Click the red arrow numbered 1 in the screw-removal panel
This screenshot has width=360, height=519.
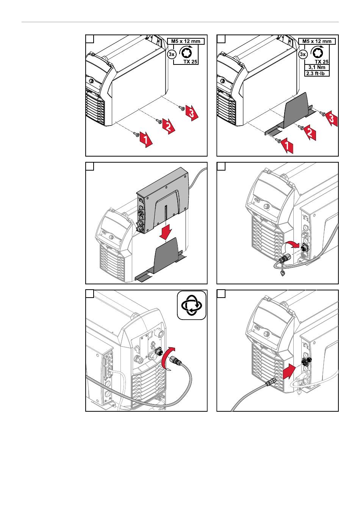coord(146,140)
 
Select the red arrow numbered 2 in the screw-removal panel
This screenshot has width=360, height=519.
coord(169,126)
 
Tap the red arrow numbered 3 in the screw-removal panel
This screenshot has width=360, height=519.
coord(192,112)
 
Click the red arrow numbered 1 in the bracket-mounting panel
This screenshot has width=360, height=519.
coord(287,146)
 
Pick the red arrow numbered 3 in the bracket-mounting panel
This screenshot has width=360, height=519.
coord(331,118)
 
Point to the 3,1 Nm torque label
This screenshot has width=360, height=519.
coord(317,67)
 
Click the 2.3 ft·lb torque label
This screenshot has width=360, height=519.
coord(317,74)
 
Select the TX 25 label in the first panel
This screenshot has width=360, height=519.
coord(190,61)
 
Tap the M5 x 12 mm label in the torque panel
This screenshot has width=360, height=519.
coord(317,41)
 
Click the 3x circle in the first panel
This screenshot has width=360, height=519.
coord(171,55)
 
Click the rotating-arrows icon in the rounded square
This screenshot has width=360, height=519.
coord(192,306)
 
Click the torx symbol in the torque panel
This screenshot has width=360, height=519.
coord(317,53)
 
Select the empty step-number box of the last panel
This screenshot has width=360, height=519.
coord(221,294)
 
